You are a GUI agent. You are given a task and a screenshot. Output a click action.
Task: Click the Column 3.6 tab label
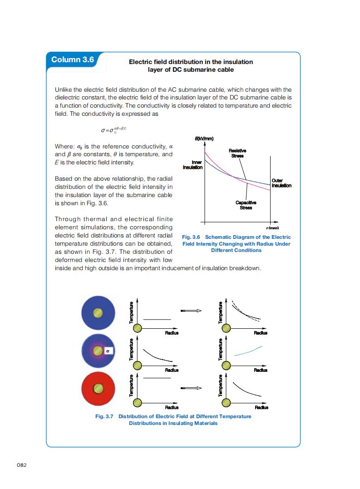[x=73, y=60]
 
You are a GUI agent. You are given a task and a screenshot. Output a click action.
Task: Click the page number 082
[x=22, y=464]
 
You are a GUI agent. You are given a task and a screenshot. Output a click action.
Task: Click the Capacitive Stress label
[x=246, y=205]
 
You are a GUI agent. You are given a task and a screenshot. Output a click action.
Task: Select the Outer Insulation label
[x=281, y=183]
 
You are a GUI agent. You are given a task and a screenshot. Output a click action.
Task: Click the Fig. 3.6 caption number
[x=191, y=237]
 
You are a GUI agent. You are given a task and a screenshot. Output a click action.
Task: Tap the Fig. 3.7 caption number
[x=104, y=416]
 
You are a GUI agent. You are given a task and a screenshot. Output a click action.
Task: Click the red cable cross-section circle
[x=97, y=388]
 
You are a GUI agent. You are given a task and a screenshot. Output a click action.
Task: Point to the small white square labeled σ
[x=108, y=351]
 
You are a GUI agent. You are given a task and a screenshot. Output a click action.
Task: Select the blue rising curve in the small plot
[x=248, y=350]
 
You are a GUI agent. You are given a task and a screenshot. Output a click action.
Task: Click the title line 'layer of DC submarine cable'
[x=191, y=69]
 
